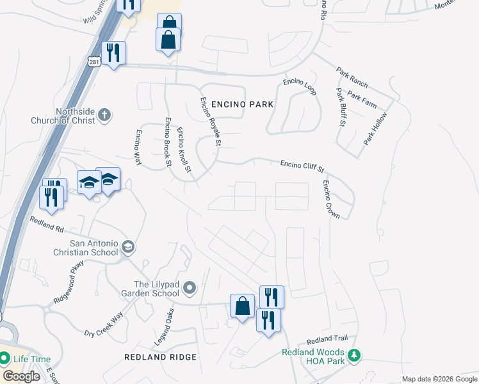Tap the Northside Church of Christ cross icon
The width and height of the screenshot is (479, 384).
(105, 116)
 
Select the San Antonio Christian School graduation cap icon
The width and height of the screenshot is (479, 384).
(127, 247)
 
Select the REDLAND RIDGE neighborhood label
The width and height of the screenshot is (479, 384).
(160, 356)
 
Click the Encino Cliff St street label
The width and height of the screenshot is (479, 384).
(302, 166)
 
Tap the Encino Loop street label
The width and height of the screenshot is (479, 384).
(300, 88)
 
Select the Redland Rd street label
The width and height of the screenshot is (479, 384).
(47, 223)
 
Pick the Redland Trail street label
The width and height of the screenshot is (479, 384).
(327, 339)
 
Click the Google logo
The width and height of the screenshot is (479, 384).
(22, 376)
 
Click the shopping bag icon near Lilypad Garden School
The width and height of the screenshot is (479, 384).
(243, 305)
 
